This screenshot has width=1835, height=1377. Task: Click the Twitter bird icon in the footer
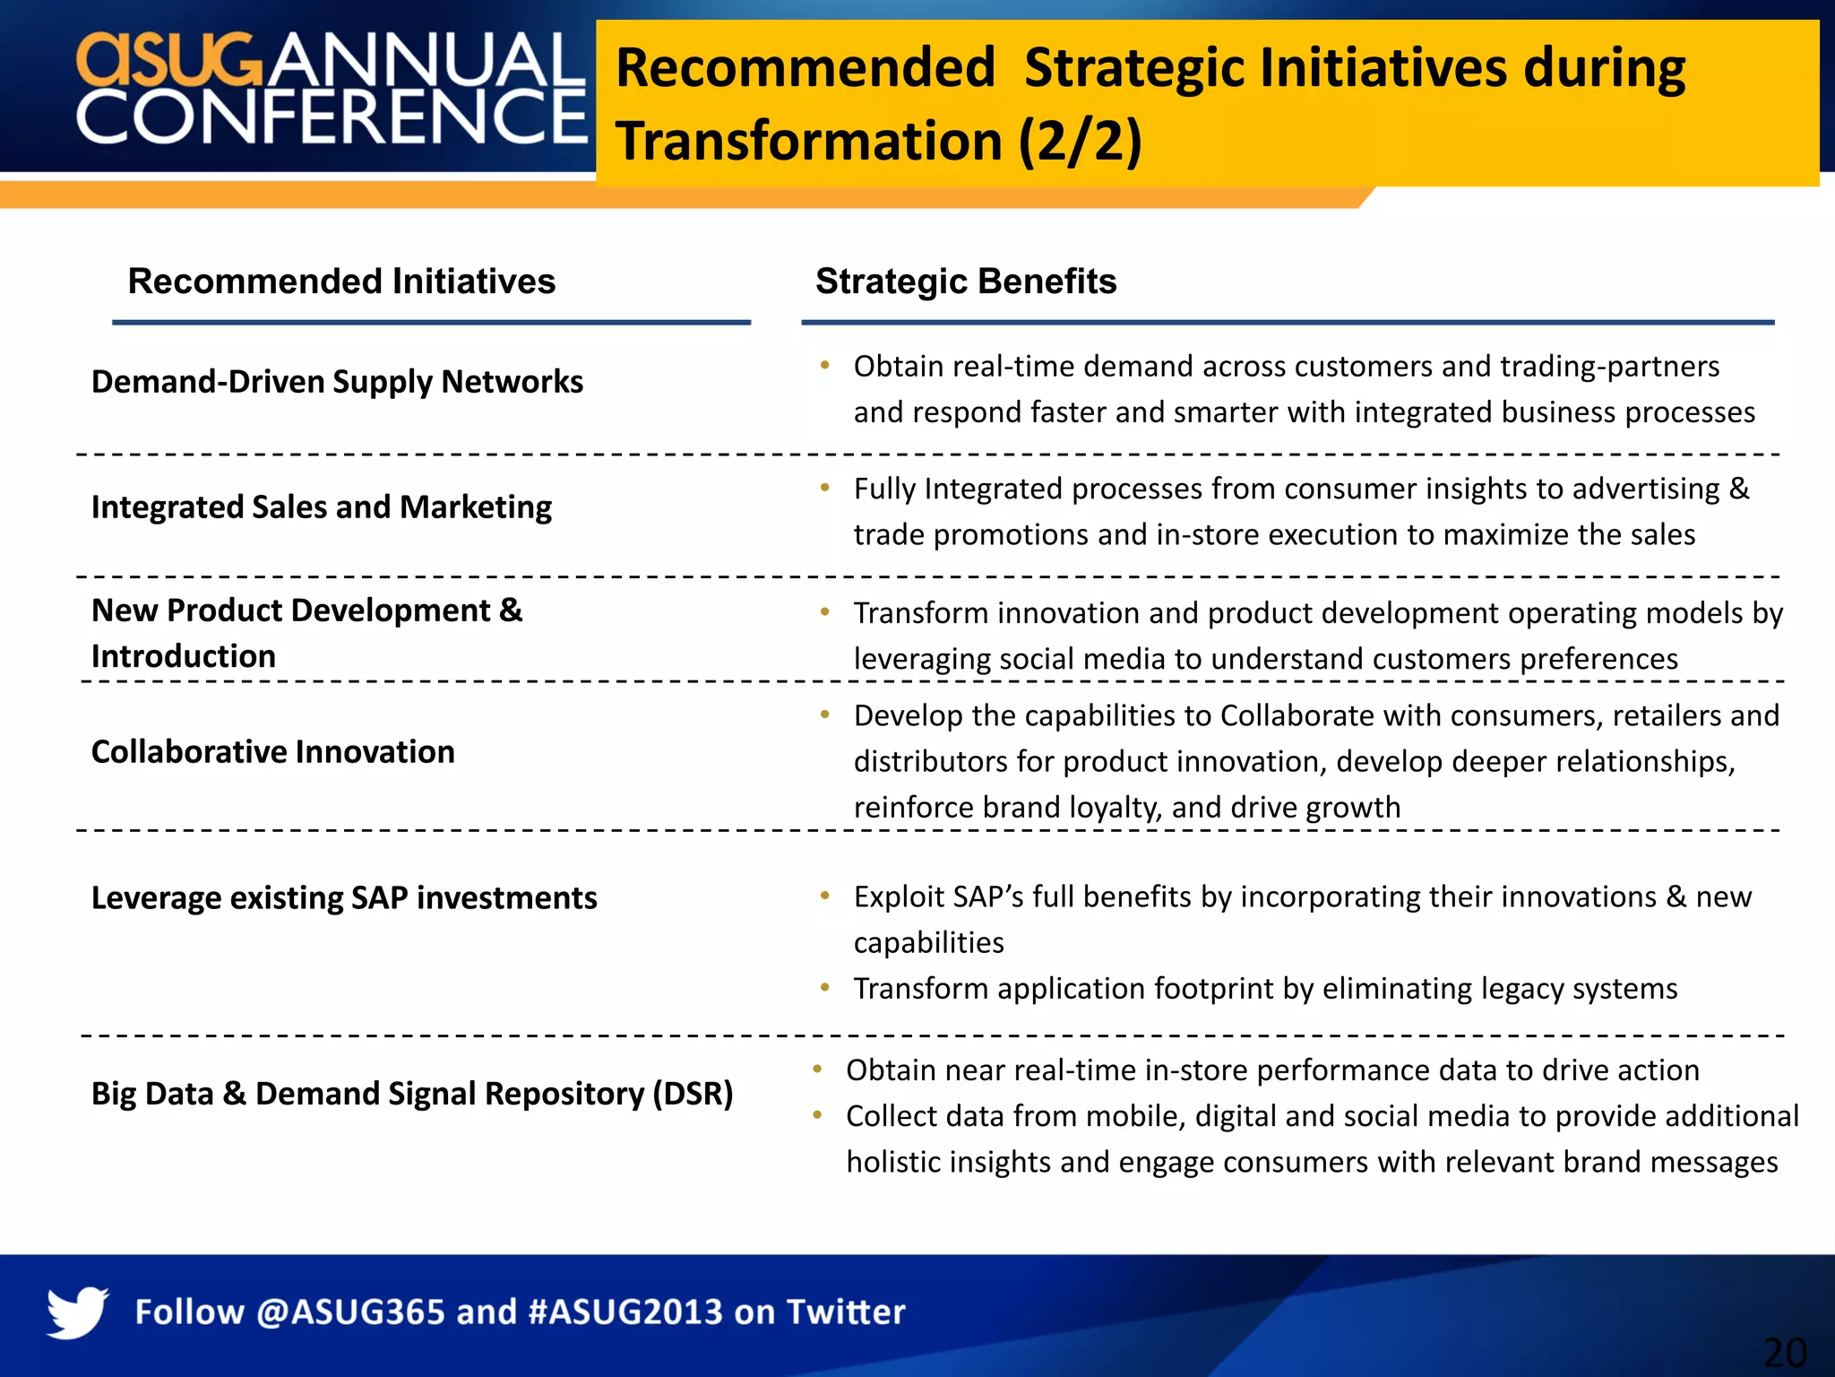coord(77,1312)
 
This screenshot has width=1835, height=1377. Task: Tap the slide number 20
coord(1784,1352)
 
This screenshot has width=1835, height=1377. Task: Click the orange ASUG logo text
coord(168,60)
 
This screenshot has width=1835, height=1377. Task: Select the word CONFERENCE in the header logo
coord(332,117)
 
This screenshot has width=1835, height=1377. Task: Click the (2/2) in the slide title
coord(1080,142)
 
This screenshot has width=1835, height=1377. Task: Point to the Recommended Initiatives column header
coord(341,281)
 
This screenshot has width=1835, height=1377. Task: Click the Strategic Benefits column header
coord(965,281)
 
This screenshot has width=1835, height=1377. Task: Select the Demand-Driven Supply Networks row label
coord(337,382)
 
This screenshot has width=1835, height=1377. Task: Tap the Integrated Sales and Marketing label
coord(321,507)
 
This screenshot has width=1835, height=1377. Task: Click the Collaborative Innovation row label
coord(272,752)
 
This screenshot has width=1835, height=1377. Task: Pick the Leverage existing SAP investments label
coord(344,898)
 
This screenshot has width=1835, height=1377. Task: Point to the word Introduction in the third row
coord(183,656)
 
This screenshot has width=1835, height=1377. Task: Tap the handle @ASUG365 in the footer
coord(350,1312)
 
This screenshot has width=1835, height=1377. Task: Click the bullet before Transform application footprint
coord(824,988)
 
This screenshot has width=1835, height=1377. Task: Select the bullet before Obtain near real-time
coord(817,1070)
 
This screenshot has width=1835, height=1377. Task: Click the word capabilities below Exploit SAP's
coord(928,943)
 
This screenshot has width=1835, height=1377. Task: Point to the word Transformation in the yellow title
coord(808,142)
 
